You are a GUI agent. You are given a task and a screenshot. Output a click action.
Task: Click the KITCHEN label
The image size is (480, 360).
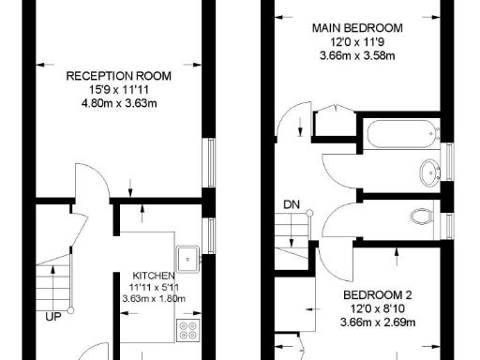tap(154, 276)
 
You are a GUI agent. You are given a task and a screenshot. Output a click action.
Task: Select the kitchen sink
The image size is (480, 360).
tap(187, 255)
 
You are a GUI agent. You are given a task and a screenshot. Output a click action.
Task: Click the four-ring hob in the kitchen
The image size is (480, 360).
tap(187, 329)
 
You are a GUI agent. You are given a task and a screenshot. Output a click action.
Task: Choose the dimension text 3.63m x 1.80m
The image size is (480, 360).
tap(154, 299)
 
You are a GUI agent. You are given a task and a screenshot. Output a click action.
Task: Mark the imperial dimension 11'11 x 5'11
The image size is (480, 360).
tap(154, 288)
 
